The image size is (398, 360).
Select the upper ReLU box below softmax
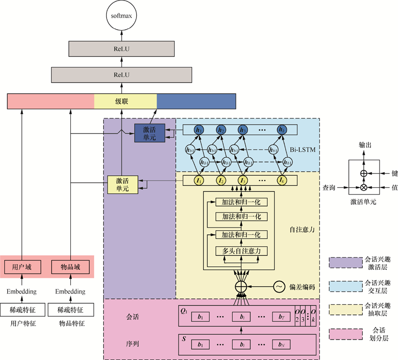tap(121, 49)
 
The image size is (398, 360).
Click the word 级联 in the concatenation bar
tap(121, 101)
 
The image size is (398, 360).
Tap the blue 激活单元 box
tap(149, 134)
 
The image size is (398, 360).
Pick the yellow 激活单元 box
tap(123, 185)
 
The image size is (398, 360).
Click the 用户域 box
tap(22, 266)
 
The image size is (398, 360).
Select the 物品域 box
tap(71, 266)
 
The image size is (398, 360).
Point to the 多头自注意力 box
tap(241, 251)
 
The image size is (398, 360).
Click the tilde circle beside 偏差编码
tap(280, 287)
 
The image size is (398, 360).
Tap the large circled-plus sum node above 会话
tap(241, 287)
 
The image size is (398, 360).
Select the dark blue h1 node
tap(198, 130)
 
